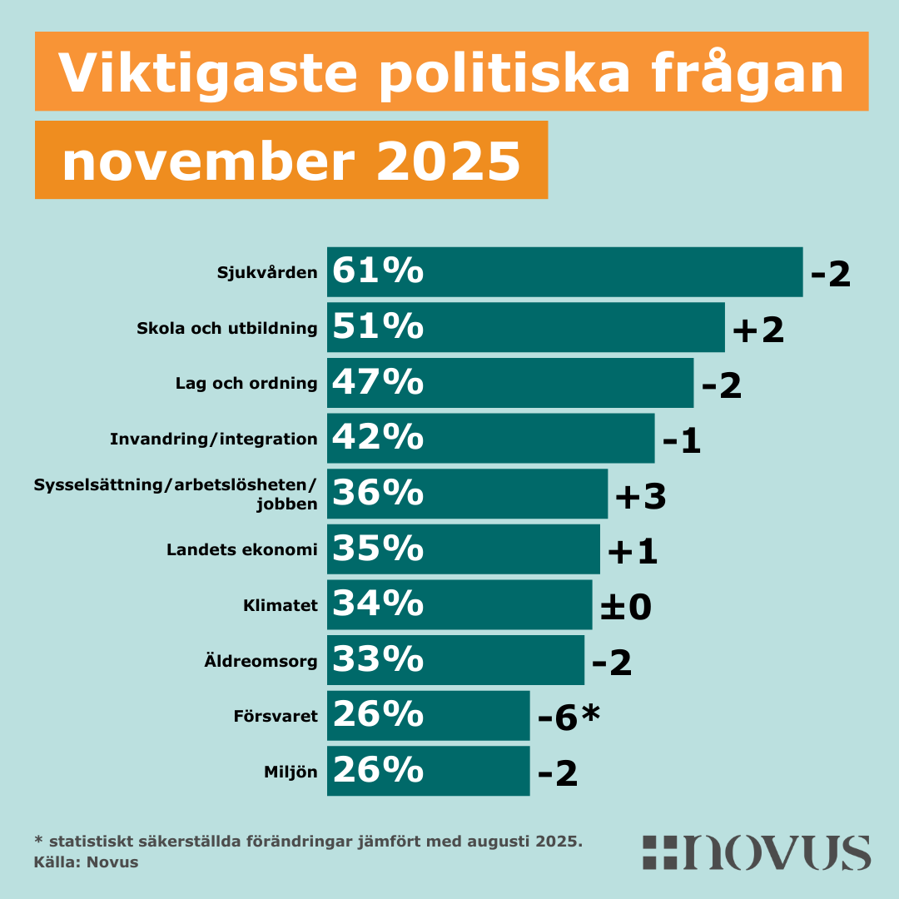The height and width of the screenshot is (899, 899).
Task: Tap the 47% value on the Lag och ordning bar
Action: click(378, 383)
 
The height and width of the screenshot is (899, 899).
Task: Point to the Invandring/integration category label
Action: click(214, 439)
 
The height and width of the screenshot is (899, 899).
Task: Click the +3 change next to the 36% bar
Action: click(640, 497)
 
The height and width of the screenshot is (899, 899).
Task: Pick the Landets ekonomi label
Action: click(242, 549)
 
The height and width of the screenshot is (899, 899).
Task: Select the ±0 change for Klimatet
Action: click(625, 608)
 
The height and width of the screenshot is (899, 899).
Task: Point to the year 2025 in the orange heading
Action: click(449, 161)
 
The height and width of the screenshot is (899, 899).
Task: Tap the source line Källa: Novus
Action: click(86, 862)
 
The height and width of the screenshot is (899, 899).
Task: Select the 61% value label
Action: click(378, 272)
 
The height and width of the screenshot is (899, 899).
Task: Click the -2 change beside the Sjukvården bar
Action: click(831, 275)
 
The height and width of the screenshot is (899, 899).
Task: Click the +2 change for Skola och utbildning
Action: click(757, 330)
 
